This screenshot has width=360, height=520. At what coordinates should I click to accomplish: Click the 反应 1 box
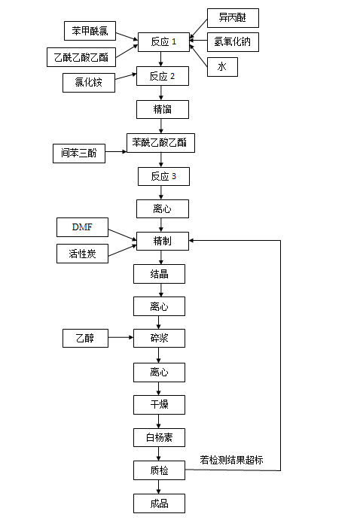163,42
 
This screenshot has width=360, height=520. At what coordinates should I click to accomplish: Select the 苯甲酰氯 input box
90,31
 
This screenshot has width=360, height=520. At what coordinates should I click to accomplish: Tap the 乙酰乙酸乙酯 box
81,57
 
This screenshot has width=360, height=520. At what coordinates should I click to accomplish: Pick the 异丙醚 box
233,18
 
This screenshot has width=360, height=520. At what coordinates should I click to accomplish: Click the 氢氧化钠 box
233,42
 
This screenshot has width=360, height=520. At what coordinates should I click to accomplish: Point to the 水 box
222,67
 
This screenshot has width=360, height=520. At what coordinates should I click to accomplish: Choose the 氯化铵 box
89,83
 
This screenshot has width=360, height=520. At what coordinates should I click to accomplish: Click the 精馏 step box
163,109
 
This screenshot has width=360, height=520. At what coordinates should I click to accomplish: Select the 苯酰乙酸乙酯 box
160,143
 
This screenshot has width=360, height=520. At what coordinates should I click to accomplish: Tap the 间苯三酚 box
79,154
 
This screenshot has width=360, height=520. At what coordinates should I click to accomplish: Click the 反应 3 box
163,176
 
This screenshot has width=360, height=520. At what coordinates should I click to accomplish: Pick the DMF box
82,227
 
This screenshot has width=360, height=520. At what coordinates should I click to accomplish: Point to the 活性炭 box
82,254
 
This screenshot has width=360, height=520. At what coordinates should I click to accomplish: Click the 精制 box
163,241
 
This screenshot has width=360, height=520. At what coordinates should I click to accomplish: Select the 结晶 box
159,274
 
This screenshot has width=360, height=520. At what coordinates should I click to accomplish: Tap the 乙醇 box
85,339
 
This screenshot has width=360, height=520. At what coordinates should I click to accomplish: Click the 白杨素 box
159,438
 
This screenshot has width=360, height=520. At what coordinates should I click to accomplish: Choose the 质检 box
159,470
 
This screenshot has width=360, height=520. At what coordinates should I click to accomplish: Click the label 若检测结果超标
231,460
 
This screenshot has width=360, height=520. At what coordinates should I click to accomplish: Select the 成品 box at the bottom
159,503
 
